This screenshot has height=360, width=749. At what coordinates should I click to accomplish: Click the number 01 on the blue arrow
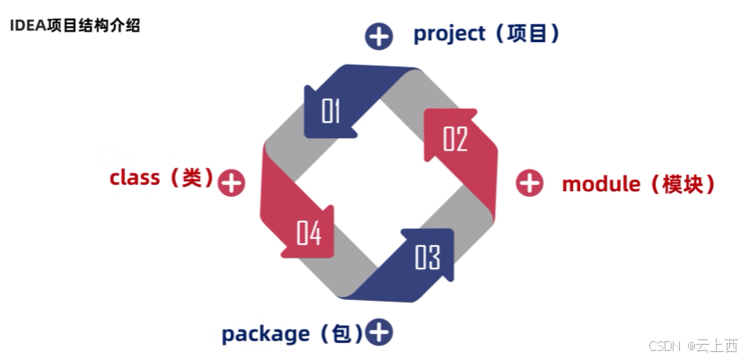(x=331, y=110)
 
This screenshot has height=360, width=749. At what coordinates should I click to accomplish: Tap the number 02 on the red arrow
(x=455, y=139)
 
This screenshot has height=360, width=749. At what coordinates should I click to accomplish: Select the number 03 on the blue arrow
(x=427, y=258)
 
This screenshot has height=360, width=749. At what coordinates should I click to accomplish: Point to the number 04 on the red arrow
(x=309, y=234)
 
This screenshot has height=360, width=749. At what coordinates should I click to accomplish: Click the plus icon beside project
(x=379, y=36)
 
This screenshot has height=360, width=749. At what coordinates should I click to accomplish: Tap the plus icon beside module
(x=530, y=183)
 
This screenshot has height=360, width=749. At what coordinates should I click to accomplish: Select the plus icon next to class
(x=232, y=183)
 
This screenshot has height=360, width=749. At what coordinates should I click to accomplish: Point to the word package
(x=265, y=334)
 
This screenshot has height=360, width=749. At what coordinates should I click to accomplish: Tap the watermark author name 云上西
(x=718, y=346)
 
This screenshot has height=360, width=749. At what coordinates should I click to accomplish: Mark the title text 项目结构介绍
(x=92, y=25)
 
